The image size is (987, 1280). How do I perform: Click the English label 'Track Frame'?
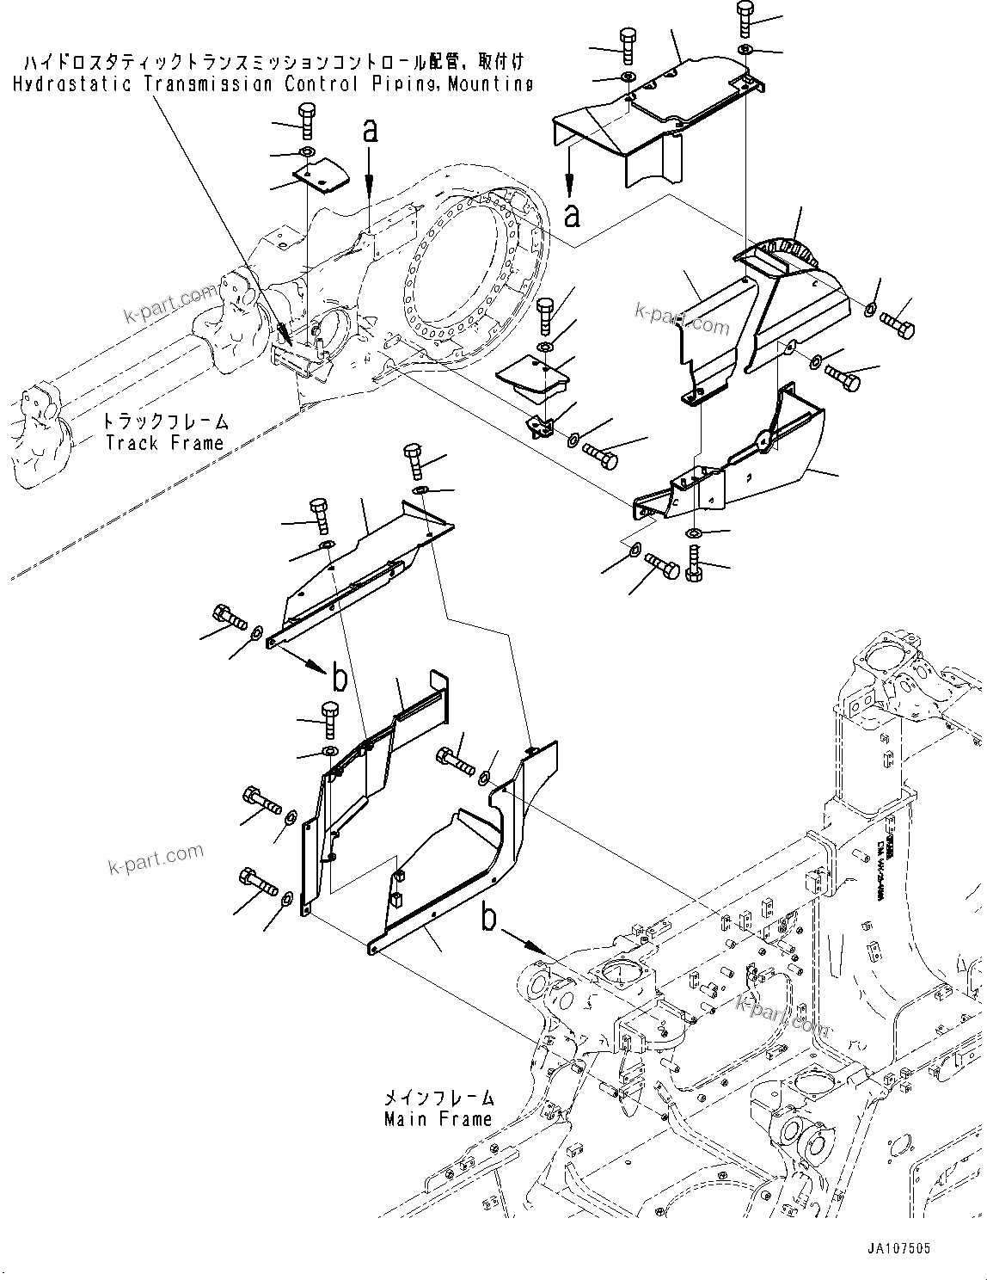[x=163, y=443]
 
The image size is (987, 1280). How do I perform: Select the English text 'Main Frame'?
[x=438, y=1119]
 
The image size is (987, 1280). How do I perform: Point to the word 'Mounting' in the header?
[x=489, y=83]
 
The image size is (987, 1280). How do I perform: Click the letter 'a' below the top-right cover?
[x=572, y=215]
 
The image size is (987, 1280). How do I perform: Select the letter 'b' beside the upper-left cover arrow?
[x=340, y=679]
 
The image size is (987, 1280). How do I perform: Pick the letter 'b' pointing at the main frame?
[x=488, y=920]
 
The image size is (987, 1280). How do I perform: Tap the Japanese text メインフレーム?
[x=439, y=1098]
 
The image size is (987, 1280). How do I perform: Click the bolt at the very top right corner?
[x=745, y=20]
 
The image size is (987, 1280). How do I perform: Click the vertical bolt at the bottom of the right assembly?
[x=695, y=568]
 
